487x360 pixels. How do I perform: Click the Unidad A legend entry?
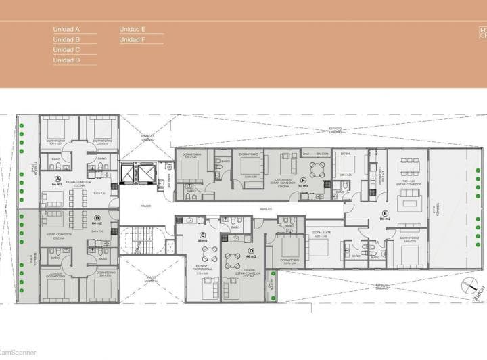click(x=67, y=30)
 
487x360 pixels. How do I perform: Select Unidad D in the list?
click(x=67, y=60)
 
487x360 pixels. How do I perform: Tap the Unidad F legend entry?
click(x=133, y=40)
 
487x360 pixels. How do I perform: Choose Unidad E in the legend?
click(x=133, y=30)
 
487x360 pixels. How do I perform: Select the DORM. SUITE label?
click(x=319, y=232)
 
